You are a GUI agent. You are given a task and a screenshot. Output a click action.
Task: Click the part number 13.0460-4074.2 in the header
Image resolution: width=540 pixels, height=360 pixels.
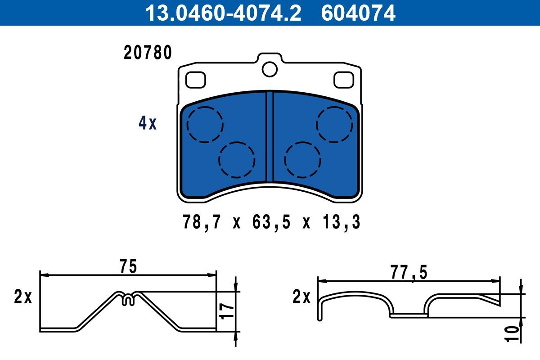[x=222, y=13]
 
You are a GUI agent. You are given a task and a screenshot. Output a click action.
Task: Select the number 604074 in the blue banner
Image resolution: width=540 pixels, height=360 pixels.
[x=358, y=13]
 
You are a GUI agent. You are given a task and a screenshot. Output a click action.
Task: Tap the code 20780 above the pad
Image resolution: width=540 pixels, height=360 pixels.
[x=148, y=53]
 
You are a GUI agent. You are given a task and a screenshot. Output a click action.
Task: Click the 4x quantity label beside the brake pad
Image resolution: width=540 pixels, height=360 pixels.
[x=147, y=123]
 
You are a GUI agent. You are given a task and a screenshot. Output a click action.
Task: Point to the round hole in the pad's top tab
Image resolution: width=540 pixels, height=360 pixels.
[x=270, y=69]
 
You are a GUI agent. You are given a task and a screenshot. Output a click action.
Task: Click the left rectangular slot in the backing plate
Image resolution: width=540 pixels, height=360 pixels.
[x=196, y=80]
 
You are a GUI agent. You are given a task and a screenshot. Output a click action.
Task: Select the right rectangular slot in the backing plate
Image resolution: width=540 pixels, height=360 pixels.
[x=344, y=80]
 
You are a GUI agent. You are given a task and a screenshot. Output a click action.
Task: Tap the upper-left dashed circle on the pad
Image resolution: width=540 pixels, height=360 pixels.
[x=205, y=125]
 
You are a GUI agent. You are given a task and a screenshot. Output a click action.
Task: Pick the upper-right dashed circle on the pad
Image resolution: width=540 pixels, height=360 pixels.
[x=334, y=125]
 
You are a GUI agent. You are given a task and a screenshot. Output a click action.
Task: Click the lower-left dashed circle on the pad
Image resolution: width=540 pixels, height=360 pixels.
[x=237, y=160]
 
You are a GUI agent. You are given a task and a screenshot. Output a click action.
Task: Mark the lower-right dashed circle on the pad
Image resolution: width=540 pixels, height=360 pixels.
[x=303, y=160]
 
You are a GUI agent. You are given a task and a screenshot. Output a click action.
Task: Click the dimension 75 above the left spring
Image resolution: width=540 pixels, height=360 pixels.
[x=128, y=266]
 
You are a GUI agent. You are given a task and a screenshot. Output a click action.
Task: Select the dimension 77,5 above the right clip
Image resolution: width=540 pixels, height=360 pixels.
[x=408, y=273]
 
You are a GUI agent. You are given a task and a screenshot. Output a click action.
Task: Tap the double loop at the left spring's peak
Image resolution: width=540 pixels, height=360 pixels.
[x=128, y=298]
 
